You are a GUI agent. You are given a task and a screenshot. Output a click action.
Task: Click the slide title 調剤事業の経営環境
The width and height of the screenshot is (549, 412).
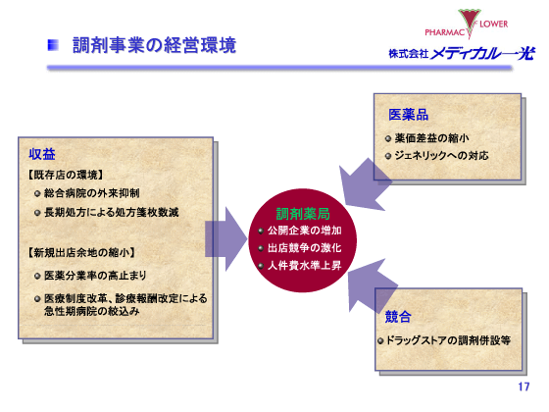(154, 45)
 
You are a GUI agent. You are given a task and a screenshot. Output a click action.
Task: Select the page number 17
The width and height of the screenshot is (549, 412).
(524, 386)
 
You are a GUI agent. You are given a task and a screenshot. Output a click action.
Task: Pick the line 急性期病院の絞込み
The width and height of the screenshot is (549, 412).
(99, 310)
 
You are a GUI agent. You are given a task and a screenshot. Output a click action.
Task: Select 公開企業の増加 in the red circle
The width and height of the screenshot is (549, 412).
(304, 231)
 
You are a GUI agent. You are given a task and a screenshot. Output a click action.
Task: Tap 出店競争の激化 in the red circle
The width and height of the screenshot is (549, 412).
(304, 248)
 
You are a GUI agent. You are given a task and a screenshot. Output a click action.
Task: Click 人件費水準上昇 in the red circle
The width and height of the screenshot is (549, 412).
(304, 265)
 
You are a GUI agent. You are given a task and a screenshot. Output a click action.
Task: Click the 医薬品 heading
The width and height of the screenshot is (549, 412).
(408, 115)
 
